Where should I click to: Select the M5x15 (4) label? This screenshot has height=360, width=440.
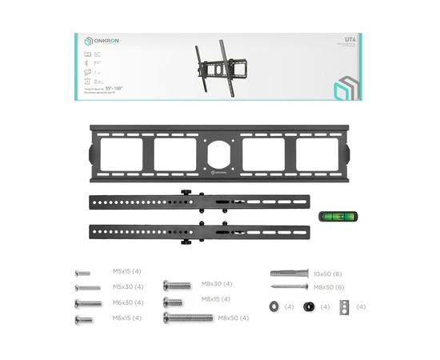(126, 272)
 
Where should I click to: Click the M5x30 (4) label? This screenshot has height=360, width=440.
(127, 287)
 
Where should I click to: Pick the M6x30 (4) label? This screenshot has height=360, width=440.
(127, 302)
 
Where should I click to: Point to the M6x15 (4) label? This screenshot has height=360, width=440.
(126, 318)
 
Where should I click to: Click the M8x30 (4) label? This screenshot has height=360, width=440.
(216, 284)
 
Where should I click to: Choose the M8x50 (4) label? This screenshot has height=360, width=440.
(233, 318)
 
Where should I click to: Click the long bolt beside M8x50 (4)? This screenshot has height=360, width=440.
(188, 318)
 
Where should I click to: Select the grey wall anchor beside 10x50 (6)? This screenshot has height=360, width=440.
(290, 273)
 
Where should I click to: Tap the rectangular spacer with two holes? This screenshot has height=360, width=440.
(344, 306)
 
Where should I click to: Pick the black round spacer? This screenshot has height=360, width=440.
(310, 306)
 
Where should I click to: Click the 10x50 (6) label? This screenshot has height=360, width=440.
(328, 273)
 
